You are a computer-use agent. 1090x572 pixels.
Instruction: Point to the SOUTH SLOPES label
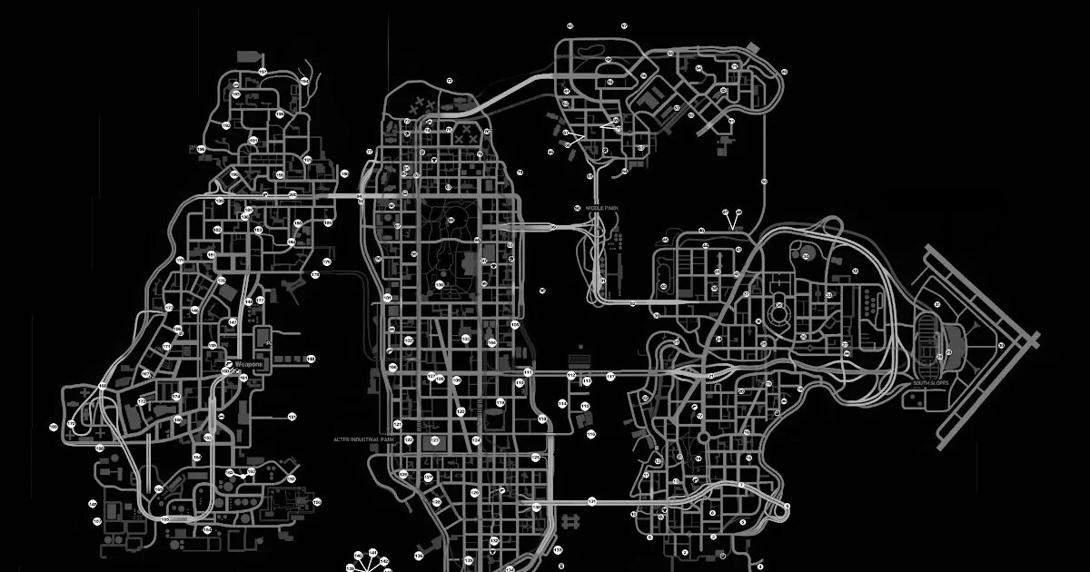coord(931,383)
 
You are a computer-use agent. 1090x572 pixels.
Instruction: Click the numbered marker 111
coord(528,372)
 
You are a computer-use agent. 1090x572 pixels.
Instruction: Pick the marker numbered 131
coord(591,500)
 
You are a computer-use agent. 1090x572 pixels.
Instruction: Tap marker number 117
coord(610,376)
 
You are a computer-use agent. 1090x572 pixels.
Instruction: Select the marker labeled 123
coord(434,440)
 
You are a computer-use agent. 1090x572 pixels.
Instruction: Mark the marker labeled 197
coord(249,211)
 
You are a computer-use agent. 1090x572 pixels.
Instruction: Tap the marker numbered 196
coord(201,149)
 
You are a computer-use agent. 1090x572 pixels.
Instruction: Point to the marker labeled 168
coord(103,387)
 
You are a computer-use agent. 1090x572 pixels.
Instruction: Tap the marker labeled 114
coord(562,403)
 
